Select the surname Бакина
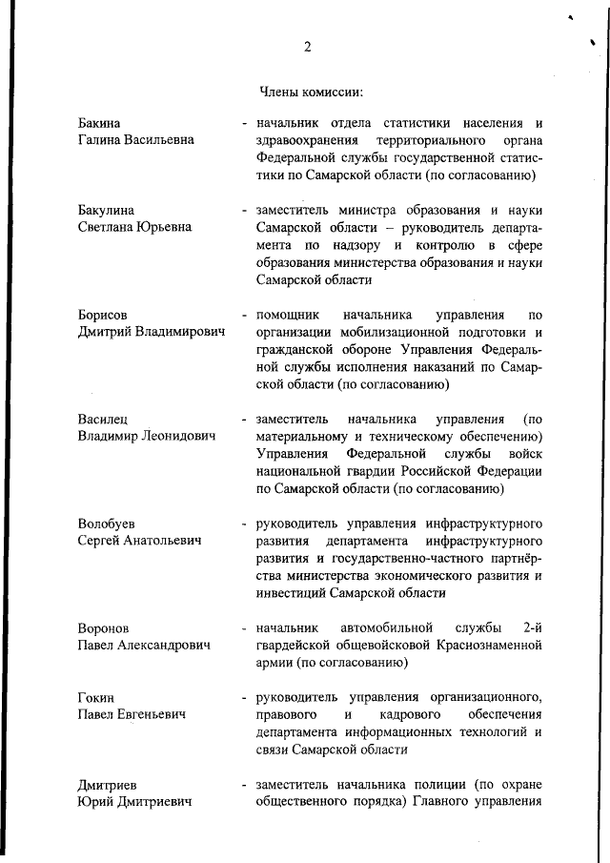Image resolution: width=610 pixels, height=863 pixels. tap(100, 123)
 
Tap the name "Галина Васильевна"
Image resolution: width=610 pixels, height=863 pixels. tap(135, 140)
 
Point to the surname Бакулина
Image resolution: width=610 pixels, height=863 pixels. tap(106, 210)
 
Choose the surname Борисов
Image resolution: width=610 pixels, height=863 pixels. tap(103, 315)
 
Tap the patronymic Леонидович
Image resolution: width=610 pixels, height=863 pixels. tap(179, 436)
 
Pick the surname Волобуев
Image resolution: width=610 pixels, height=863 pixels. tap(106, 524)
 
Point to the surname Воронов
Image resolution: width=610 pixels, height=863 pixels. tap(103, 628)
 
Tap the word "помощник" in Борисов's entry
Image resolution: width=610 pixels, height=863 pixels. tap(287, 315)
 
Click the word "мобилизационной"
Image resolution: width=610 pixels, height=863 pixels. tap(388, 332)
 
